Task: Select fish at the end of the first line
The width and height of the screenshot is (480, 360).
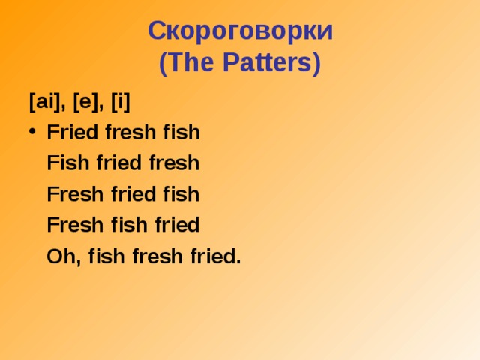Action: (x=181, y=133)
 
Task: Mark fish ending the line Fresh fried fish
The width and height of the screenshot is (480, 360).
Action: (x=181, y=194)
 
